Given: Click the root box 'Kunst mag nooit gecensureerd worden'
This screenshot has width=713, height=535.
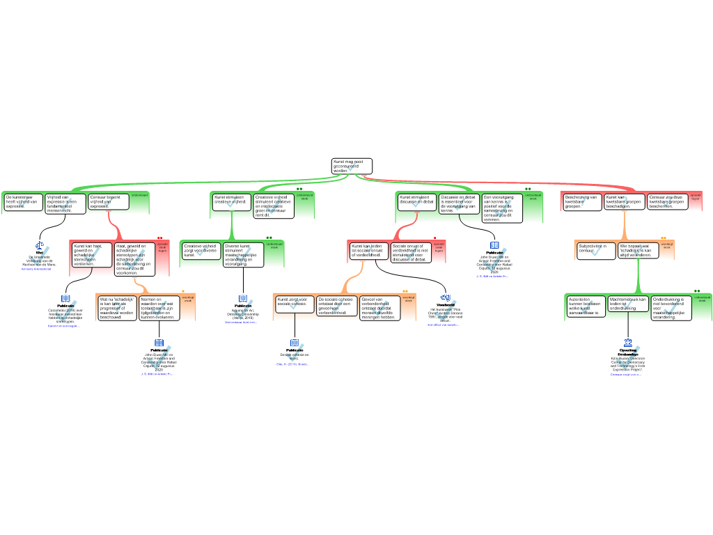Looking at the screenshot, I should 352,166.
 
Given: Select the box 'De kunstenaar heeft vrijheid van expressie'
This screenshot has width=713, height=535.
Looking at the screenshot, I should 23,202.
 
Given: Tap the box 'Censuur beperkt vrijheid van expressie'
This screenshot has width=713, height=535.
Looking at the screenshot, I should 109,202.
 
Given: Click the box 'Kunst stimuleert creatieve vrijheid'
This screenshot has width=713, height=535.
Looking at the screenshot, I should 231,202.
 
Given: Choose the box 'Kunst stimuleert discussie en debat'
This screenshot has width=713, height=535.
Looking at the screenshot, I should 417,202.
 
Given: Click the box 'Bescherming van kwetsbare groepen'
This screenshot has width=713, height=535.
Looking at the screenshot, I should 582,202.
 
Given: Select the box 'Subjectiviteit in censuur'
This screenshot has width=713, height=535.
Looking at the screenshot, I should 595,250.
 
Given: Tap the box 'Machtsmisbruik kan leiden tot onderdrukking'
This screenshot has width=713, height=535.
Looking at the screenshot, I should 628,307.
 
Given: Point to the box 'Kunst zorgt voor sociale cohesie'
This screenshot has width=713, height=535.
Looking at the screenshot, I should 295,304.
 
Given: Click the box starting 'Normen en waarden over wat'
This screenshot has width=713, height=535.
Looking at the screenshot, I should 159,308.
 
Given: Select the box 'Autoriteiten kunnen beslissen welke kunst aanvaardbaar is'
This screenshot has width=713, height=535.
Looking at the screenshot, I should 585,307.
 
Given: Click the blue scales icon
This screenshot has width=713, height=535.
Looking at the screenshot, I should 40,245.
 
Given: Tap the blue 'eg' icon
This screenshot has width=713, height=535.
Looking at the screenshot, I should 446,297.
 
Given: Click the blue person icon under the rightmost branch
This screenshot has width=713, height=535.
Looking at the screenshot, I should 628,343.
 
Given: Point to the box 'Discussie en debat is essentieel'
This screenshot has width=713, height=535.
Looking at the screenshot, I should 459,203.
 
